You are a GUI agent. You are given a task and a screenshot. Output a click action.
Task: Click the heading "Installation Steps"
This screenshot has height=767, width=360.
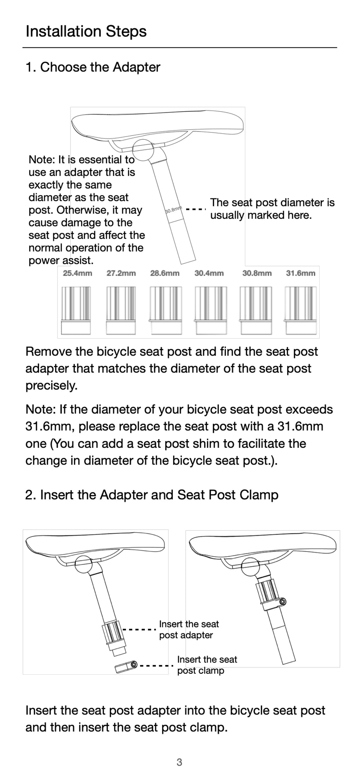point(86,31)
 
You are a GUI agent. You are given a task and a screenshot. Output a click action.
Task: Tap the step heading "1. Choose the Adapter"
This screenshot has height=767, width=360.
point(93,67)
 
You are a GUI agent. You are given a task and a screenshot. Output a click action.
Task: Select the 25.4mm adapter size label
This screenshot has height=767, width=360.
point(77,273)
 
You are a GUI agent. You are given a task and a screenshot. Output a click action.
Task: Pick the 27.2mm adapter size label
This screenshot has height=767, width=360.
point(121,273)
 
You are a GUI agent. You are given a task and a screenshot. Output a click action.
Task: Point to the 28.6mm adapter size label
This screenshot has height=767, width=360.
point(165,273)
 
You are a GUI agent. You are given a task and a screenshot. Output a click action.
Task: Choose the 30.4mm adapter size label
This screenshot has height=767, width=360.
point(209,273)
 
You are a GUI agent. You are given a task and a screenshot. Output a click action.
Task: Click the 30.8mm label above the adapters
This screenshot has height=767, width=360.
point(257,273)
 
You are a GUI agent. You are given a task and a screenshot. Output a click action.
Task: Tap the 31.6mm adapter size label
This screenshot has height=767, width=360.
point(300,273)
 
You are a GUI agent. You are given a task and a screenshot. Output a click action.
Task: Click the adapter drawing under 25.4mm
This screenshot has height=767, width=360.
point(76,310)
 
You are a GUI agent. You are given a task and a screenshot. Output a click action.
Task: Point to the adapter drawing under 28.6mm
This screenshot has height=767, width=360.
point(166,310)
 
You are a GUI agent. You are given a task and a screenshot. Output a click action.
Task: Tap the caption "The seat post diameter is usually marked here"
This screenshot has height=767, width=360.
point(272,209)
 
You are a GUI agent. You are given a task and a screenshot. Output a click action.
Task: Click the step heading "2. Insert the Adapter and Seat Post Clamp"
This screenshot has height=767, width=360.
point(152,495)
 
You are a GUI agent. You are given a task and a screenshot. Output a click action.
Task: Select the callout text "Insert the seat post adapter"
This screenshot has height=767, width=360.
point(189,629)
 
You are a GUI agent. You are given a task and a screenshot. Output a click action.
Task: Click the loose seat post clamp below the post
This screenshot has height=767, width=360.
point(126,666)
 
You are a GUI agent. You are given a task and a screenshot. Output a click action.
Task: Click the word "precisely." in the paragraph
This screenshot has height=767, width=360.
point(51,386)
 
